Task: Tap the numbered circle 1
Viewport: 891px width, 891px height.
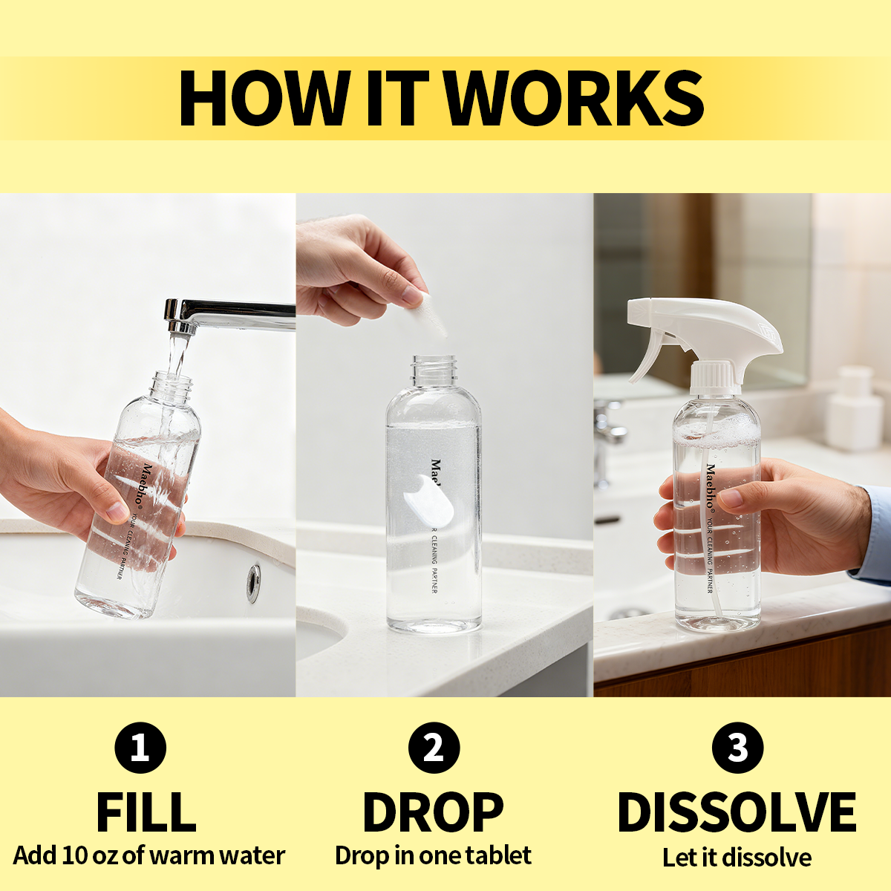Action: pos(140,748)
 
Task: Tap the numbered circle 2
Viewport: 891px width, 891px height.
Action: pos(434,748)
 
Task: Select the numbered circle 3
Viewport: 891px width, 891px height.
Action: pos(737,748)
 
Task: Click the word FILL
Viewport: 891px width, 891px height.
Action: pos(146,812)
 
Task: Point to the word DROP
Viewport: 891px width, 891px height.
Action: pos(433,812)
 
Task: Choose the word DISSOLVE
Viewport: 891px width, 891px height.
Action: pos(737,812)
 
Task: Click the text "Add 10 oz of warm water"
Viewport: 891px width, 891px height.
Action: pos(149,856)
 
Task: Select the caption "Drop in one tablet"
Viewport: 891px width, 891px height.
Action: pos(433,856)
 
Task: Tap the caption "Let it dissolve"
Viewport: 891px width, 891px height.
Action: pos(737,858)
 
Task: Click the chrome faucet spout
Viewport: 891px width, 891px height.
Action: pos(229,316)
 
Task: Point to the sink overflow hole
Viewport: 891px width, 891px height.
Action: pos(252,584)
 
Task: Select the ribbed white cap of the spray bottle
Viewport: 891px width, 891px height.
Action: pos(713,378)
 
